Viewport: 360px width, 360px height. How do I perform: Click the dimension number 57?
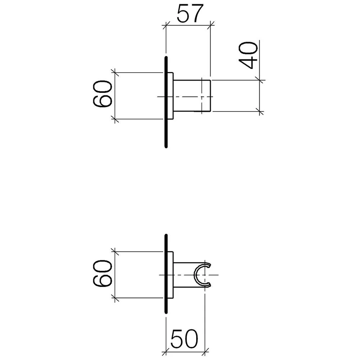(x=190, y=14)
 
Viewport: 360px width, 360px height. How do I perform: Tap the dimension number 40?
(x=248, y=55)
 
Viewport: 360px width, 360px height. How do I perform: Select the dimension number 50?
(x=184, y=339)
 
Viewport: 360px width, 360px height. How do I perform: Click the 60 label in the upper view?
(x=103, y=94)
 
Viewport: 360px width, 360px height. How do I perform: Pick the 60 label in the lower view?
(x=103, y=273)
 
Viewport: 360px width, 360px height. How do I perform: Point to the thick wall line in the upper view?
(x=166, y=102)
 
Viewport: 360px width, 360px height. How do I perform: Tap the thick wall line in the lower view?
(x=166, y=274)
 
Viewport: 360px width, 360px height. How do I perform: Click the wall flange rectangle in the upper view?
(x=170, y=96)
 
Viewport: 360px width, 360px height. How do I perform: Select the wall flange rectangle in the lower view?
(x=170, y=275)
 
